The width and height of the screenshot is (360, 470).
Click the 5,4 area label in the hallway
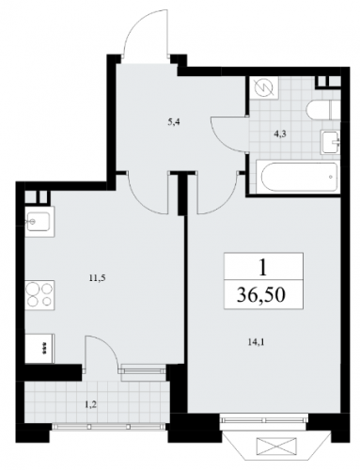(x=173, y=122)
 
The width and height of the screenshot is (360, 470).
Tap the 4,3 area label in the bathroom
(x=279, y=133)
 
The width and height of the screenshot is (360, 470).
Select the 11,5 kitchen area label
(x=96, y=278)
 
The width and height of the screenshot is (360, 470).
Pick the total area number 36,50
(x=261, y=295)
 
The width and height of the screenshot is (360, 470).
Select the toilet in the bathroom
(x=322, y=110)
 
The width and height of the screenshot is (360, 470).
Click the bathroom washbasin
(x=330, y=143)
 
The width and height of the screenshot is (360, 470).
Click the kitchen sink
(x=39, y=222)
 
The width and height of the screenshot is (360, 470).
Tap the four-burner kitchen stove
(x=39, y=294)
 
